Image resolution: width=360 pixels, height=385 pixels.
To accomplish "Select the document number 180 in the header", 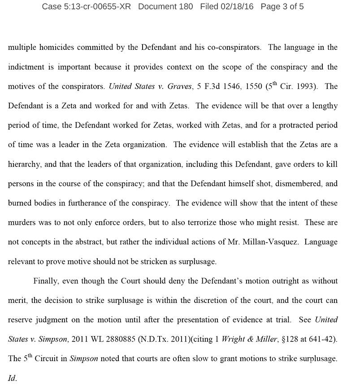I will coord(185,7).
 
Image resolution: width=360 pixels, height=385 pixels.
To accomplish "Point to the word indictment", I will coord(26,67).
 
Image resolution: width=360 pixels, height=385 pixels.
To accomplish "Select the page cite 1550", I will coord(243,87).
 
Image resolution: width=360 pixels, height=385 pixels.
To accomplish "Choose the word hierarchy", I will coord(24,164).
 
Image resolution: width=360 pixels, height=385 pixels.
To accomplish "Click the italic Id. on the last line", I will coord(12,378).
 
